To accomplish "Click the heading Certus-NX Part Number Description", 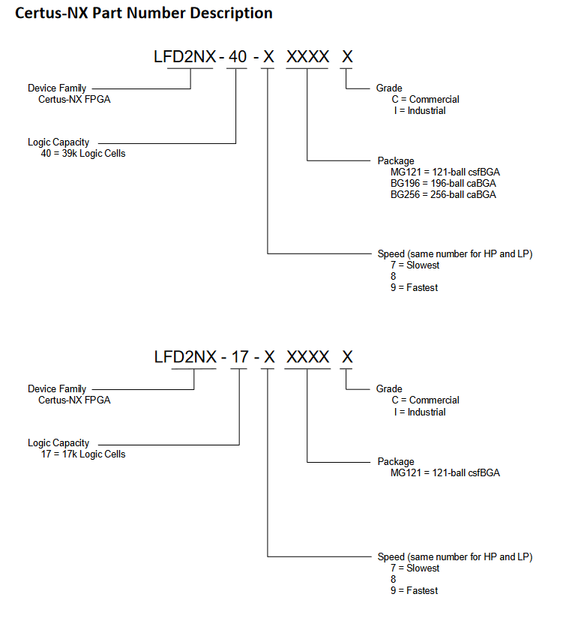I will coord(144,13).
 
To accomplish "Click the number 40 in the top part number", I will coord(236,57).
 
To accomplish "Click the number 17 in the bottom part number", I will coord(239,357).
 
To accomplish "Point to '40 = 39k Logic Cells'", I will coord(83,153).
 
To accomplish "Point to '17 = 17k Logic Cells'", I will coord(83,454).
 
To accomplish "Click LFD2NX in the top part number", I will coord(185,57).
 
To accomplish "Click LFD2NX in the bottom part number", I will coord(185,357).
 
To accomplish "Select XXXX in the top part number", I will coord(307,57).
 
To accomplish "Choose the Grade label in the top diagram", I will coord(389,88).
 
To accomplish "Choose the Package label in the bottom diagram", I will coord(395,461).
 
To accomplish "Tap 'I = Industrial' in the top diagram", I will coord(416,110).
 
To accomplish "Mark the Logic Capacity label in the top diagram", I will coord(58,142).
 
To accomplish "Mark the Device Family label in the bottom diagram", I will coord(57,388).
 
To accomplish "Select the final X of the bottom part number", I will coord(347,357).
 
